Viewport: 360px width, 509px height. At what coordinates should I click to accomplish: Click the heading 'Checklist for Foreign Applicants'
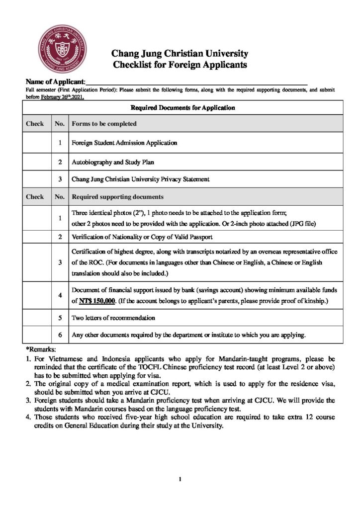(180, 64)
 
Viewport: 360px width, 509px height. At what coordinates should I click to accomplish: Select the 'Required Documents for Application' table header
(182, 107)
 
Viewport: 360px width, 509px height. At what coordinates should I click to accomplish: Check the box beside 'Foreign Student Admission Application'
(37, 143)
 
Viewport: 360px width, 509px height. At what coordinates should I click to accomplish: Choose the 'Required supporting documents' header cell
(118, 196)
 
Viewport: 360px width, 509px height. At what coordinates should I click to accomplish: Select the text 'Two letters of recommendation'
(113, 317)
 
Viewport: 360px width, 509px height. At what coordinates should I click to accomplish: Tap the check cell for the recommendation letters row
(37, 317)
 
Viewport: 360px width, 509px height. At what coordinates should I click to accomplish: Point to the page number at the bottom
(180, 479)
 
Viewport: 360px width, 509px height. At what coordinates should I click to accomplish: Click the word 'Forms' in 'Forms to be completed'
(81, 123)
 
